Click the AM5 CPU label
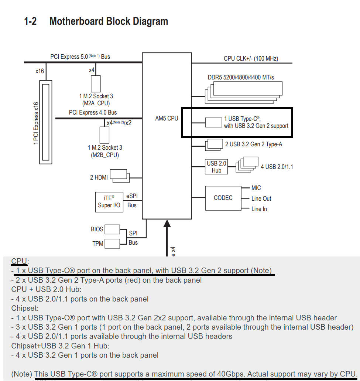[167, 119]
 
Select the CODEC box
[223, 198]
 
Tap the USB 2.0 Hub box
[216, 167]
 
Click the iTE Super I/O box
[109, 202]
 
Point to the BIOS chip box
[112, 229]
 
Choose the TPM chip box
[112, 244]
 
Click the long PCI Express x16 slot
[46, 122]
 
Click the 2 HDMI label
[99, 177]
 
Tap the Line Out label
[261, 198]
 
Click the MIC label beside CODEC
[256, 188]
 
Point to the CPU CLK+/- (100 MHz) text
[251, 58]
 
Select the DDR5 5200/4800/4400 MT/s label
[241, 78]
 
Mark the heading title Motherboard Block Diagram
[109, 21]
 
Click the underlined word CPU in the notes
[19, 261]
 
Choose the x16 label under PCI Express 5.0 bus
[40, 71]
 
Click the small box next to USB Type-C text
[213, 122]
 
